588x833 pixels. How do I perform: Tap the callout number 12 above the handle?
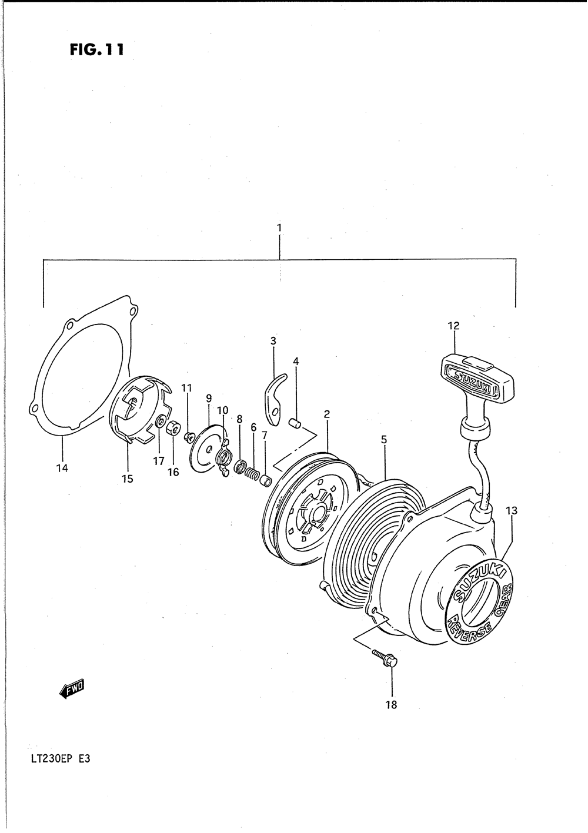click(x=453, y=326)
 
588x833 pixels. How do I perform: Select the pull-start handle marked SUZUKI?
click(x=475, y=379)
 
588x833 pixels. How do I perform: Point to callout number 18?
click(x=391, y=705)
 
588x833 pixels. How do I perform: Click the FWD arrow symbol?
click(x=72, y=688)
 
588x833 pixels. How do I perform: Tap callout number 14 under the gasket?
click(x=62, y=468)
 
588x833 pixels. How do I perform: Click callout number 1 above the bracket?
click(x=279, y=227)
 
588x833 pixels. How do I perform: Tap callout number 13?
click(x=512, y=511)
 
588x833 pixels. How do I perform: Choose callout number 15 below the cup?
click(x=128, y=479)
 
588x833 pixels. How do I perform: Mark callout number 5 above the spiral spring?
click(x=383, y=439)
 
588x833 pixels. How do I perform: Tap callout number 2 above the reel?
click(x=327, y=414)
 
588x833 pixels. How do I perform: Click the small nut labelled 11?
click(x=188, y=436)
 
